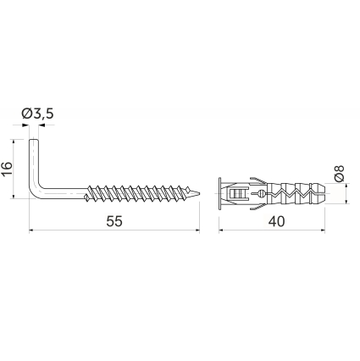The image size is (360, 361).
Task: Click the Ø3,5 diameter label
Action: pos(37,114)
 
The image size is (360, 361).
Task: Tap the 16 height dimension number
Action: pos(7,169)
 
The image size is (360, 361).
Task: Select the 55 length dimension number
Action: pos(114,221)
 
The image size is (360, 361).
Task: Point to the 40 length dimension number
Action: pos(276,221)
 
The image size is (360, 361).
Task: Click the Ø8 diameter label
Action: pos(339,173)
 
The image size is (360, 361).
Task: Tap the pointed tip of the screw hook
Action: pos(199,193)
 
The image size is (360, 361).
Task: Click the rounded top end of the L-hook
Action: pos(33,140)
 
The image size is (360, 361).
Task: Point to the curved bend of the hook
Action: pos(36,192)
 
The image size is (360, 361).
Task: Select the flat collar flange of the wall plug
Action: pos(219,193)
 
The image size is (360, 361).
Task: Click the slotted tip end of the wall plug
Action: pos(321,193)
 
